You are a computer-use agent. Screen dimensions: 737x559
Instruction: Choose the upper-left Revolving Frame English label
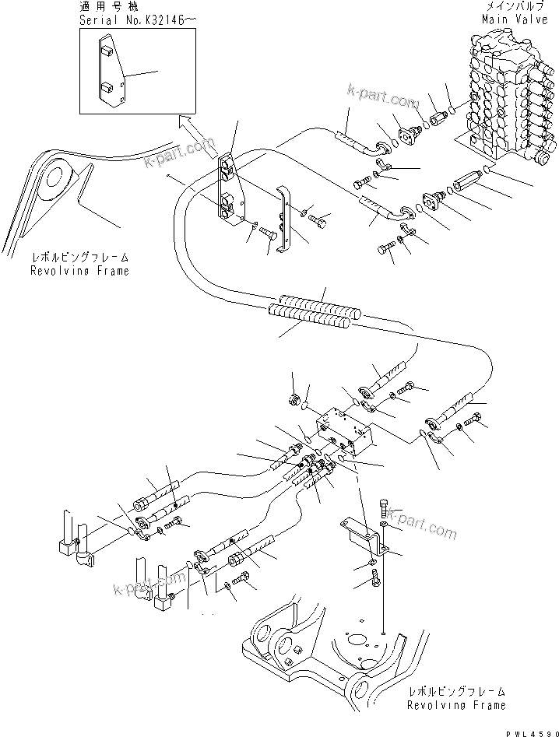point(79,271)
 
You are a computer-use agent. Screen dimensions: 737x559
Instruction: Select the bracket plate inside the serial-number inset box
point(108,73)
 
